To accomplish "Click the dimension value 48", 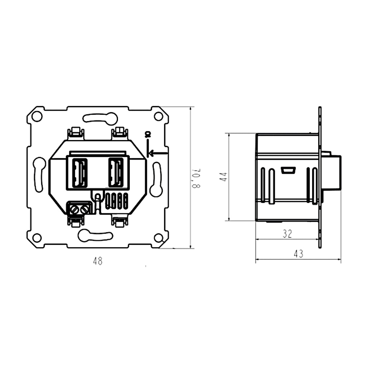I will [x=97, y=261].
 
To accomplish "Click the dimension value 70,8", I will [x=196, y=178].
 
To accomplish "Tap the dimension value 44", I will [x=224, y=177].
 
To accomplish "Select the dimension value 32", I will [x=287, y=234].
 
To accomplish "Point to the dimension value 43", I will [x=298, y=254].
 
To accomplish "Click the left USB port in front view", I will [x=80, y=172].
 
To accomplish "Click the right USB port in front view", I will [x=116, y=172].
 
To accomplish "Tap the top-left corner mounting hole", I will [x=37, y=116].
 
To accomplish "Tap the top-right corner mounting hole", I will [x=158, y=116].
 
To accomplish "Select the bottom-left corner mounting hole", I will [x=37, y=237].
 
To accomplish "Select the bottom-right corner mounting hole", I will [x=158, y=237].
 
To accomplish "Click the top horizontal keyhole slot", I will [x=100, y=118].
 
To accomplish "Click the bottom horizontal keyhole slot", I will [x=95, y=235].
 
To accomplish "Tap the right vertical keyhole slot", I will [x=156, y=179].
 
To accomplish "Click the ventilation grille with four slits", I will [x=117, y=201].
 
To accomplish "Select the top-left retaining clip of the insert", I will [x=76, y=133].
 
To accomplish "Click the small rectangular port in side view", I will [x=288, y=170].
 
